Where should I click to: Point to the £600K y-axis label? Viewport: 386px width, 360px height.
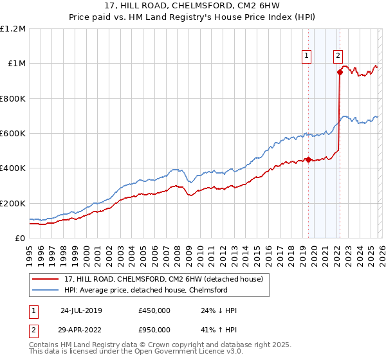pos(13,134)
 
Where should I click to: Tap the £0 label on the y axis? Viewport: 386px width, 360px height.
pos(19,238)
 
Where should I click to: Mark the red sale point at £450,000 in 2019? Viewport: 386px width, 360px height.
pos(308,159)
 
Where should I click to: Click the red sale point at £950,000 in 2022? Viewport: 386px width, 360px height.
pos(339,72)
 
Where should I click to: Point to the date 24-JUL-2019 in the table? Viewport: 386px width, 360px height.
pos(81,310)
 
